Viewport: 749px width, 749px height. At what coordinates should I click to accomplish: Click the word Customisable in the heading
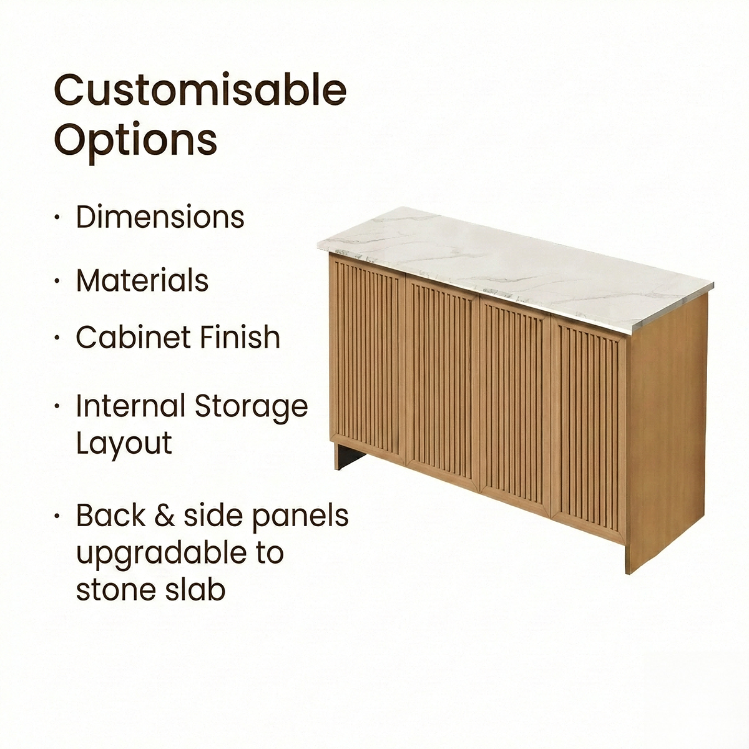coord(200,91)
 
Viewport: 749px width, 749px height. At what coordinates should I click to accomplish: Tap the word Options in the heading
coord(135,140)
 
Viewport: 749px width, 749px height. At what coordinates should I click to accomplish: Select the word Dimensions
coord(160,217)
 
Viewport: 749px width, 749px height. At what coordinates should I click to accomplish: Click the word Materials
coord(142,281)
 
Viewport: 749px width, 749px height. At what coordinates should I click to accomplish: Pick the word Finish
coord(240,338)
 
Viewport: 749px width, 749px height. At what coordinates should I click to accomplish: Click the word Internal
coord(130,406)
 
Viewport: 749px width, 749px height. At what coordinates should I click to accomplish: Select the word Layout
coord(124,444)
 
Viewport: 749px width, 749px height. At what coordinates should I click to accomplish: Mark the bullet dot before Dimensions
coord(57,218)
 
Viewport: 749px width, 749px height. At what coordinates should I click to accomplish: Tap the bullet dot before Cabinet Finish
coord(57,338)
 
